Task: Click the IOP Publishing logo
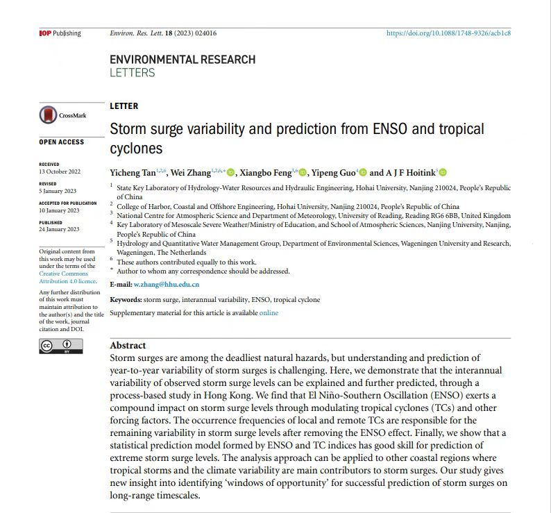(60, 33)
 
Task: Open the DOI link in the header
(448, 33)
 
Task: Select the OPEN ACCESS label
(61, 142)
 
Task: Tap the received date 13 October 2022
(60, 171)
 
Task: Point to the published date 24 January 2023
(59, 229)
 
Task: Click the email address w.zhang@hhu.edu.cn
(167, 285)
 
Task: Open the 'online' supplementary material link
(269, 313)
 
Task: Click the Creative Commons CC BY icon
(56, 346)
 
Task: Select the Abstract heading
(128, 345)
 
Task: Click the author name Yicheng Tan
(133, 173)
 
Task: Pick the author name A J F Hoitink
(411, 173)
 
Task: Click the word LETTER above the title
(124, 106)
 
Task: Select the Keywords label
(126, 299)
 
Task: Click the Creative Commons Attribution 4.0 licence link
(67, 278)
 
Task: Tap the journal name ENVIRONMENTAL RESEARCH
(183, 60)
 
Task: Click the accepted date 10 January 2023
(59, 210)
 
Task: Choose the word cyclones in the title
(136, 149)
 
